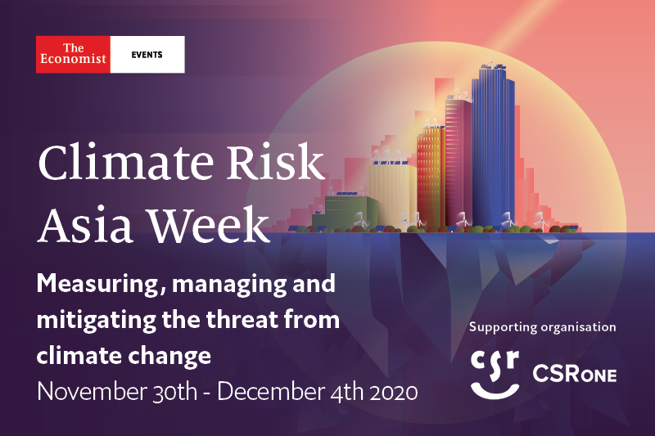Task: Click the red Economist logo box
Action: (73, 55)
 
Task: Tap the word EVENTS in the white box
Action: (147, 55)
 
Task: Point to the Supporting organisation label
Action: (542, 327)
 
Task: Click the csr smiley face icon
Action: (495, 374)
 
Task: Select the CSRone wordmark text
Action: (575, 374)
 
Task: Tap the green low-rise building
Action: (345, 212)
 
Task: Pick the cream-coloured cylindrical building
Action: (392, 195)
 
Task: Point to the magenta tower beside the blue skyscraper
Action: (458, 163)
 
